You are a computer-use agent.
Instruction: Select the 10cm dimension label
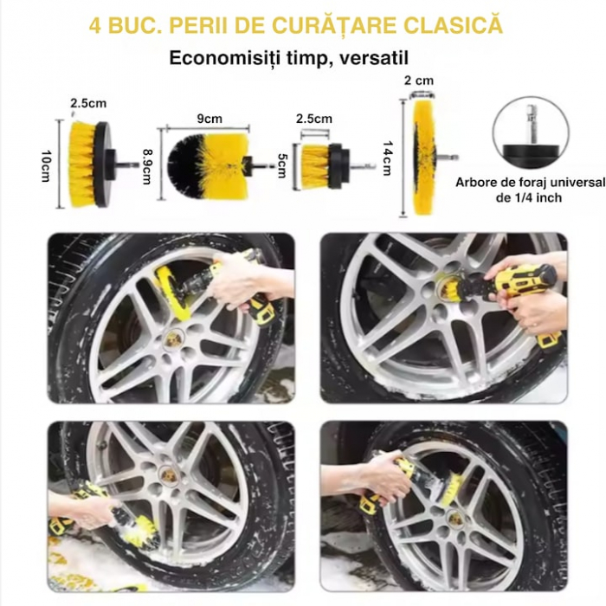coord(46,165)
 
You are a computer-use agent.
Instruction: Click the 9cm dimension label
coord(210,119)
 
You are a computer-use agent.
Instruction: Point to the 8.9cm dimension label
coord(147,166)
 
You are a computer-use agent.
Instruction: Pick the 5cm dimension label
coord(282,165)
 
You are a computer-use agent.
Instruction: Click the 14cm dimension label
coord(387,158)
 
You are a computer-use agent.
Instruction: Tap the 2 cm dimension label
coord(419,81)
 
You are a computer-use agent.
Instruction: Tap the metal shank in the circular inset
coord(529,124)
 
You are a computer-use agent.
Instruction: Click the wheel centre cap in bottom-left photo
coord(169,475)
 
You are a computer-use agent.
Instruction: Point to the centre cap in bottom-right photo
coord(455,519)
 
